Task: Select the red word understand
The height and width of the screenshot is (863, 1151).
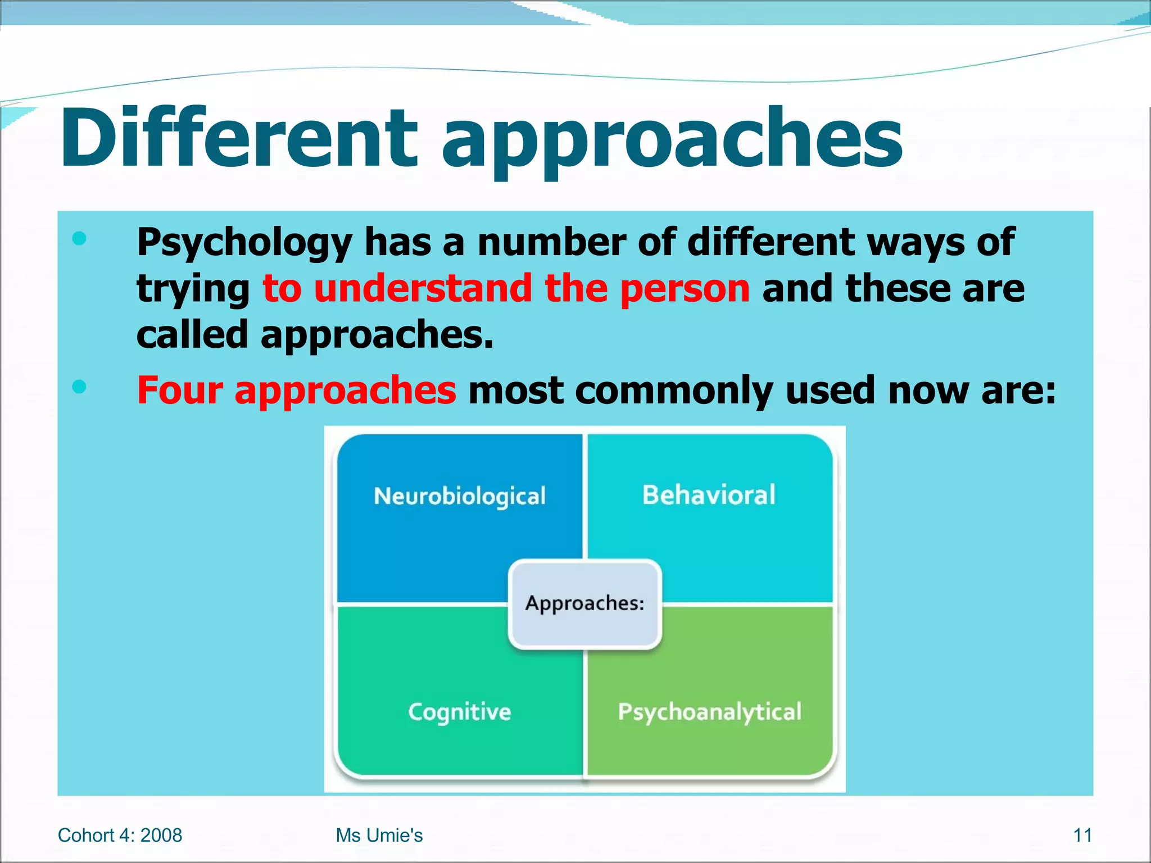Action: [423, 288]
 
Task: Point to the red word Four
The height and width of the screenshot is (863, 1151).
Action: [179, 390]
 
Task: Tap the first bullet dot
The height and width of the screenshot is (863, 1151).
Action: [79, 239]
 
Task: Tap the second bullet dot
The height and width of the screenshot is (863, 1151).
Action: [79, 387]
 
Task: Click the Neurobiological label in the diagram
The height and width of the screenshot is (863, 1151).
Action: [460, 497]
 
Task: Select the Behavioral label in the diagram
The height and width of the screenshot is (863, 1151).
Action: [709, 496]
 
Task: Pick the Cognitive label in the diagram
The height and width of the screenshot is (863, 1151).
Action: [460, 712]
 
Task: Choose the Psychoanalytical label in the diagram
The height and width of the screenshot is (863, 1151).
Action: [709, 712]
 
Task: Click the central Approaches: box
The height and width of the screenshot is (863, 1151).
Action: [584, 604]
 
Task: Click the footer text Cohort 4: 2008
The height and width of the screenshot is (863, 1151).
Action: [120, 835]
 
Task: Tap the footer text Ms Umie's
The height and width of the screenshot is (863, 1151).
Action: [379, 835]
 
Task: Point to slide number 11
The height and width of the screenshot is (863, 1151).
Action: [1082, 835]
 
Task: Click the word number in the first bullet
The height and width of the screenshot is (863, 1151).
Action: [551, 243]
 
